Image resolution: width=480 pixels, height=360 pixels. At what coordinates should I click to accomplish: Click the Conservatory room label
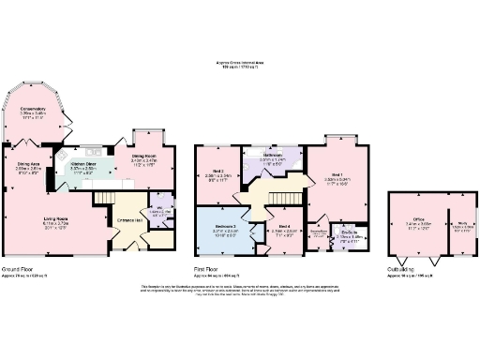[34, 109]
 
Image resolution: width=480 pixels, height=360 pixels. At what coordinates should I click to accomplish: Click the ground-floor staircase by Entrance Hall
[104, 202]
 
